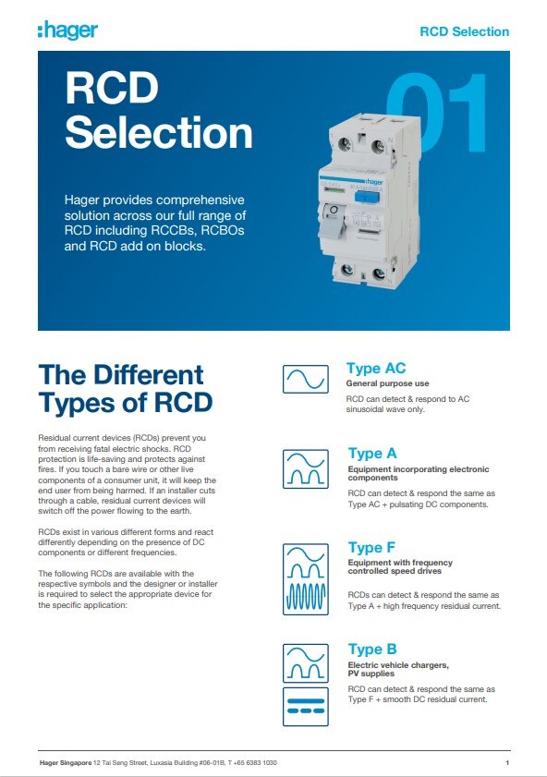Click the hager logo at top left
[x=67, y=30]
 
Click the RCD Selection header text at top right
[x=464, y=31]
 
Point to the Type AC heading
[x=375, y=369]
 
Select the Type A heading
[x=371, y=453]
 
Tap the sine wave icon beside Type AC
[x=306, y=379]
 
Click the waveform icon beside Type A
[x=306, y=467]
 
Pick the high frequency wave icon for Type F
[x=306, y=598]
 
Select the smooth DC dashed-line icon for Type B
[x=306, y=706]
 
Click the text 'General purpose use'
[x=387, y=382]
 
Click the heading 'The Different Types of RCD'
[x=126, y=389]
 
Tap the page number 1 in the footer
[x=508, y=762]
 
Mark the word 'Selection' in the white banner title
[x=158, y=132]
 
